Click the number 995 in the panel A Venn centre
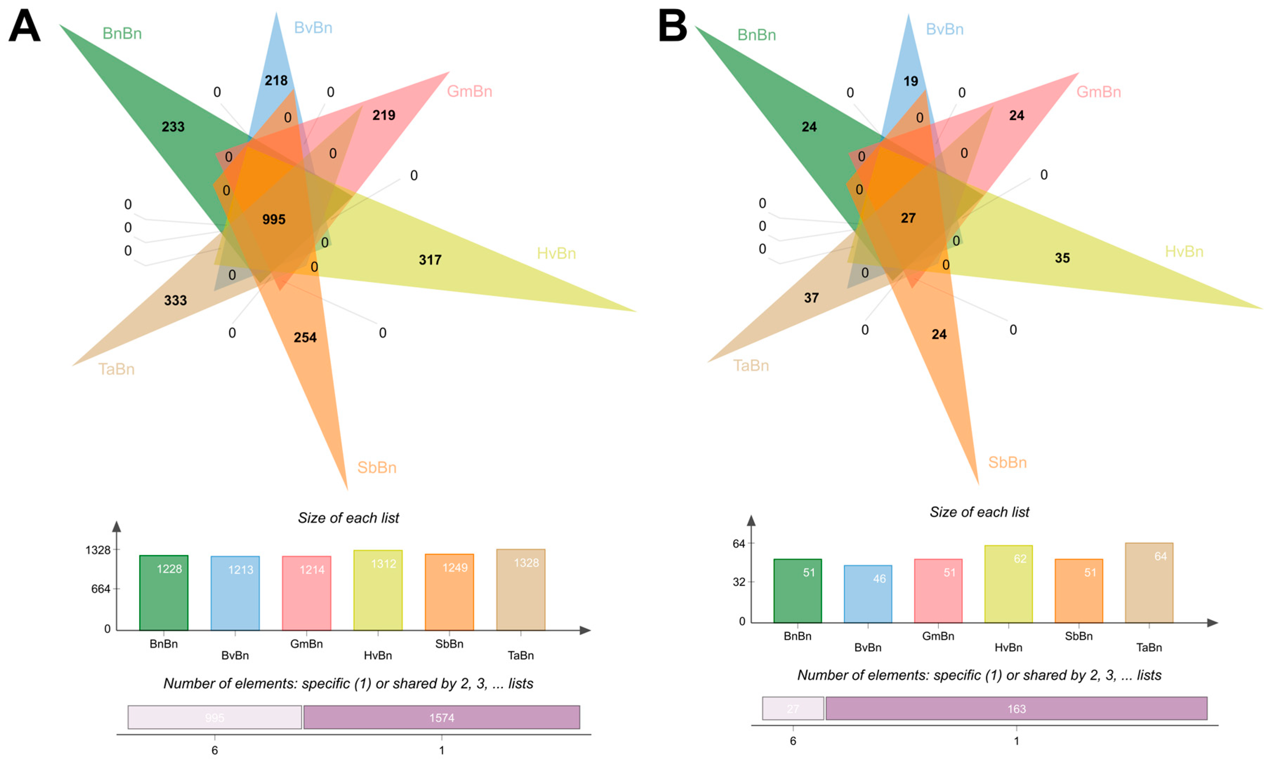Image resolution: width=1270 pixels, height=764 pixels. click(x=274, y=219)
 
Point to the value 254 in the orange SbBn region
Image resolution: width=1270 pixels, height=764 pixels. click(x=305, y=337)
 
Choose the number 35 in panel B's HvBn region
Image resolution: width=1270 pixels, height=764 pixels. click(x=1062, y=258)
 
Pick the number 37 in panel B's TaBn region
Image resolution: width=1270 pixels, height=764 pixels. click(x=811, y=298)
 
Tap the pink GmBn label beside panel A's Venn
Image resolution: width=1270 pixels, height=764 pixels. click(x=469, y=91)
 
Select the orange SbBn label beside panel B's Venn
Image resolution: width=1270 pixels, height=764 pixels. click(x=1007, y=462)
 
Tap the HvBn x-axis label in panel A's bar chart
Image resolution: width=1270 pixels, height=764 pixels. click(x=378, y=655)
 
